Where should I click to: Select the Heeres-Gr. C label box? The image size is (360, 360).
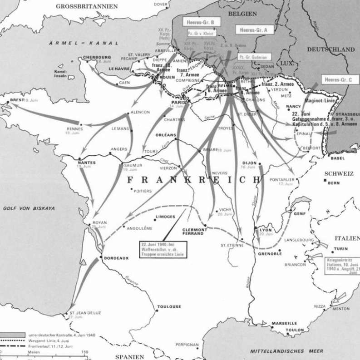point(338,79)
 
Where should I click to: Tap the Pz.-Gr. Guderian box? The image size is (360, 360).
point(253,57)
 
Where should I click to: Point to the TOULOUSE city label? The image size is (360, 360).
point(169,307)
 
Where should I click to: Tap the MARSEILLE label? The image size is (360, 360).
point(284,323)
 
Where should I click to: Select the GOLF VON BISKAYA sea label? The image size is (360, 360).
point(29,208)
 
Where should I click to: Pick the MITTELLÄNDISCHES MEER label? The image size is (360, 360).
point(286,351)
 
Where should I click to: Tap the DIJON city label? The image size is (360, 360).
point(249,163)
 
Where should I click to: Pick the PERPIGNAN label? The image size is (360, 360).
point(186,345)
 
